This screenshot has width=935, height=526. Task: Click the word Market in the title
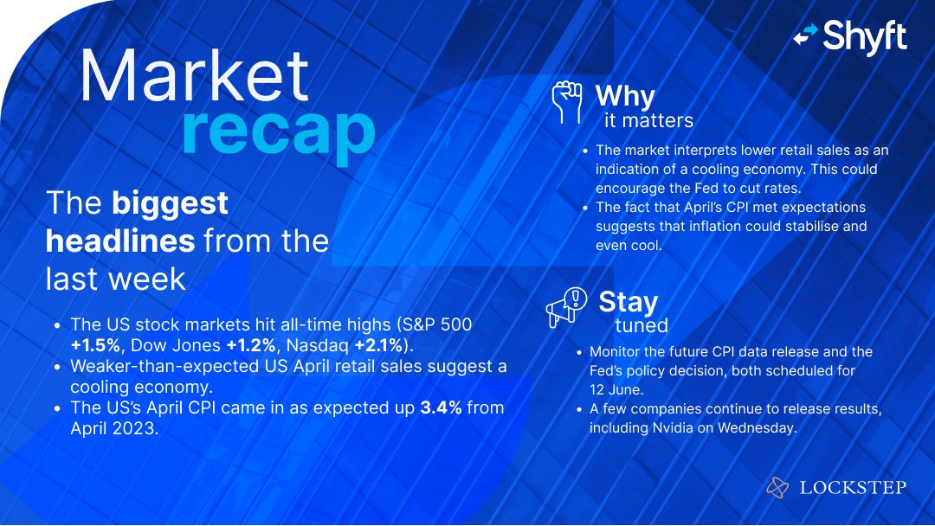[194, 76]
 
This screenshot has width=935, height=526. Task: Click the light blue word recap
[278, 131]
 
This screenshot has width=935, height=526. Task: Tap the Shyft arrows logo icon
[805, 35]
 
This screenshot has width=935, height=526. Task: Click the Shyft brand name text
[865, 36]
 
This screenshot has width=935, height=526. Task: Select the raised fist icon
[567, 102]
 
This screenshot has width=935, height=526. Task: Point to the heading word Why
[625, 95]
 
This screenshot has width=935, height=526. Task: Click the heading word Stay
[628, 301]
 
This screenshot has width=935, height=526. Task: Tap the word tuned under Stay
[641, 326]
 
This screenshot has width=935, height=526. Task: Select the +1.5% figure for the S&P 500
[99, 344]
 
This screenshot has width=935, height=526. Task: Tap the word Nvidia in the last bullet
[672, 427]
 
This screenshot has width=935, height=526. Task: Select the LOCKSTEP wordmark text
[853, 488]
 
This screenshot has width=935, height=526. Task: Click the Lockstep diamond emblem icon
[777, 488]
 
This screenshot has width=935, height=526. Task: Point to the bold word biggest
[170, 202]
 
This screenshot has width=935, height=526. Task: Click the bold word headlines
[120, 241]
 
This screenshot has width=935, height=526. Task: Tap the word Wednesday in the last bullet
[752, 427]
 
